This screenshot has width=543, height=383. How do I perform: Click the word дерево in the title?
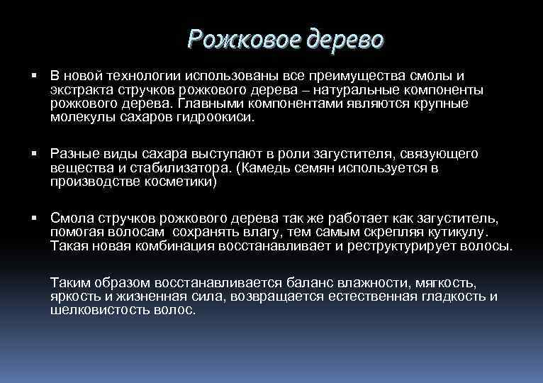coord(345,38)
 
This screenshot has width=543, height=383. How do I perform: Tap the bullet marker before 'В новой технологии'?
coord(35,75)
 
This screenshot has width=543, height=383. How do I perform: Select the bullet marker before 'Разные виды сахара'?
coord(35,153)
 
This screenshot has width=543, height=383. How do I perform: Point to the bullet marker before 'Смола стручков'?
coord(35,217)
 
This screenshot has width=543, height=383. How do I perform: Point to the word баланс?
coord(316,283)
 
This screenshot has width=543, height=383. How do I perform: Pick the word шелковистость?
coord(101,310)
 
